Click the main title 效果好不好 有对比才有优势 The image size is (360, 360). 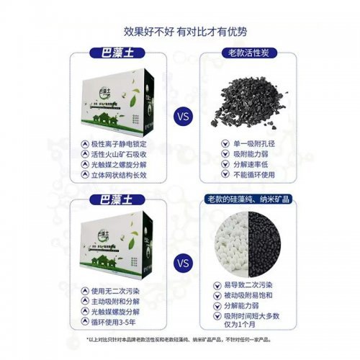pyautogui.click(x=179, y=31)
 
